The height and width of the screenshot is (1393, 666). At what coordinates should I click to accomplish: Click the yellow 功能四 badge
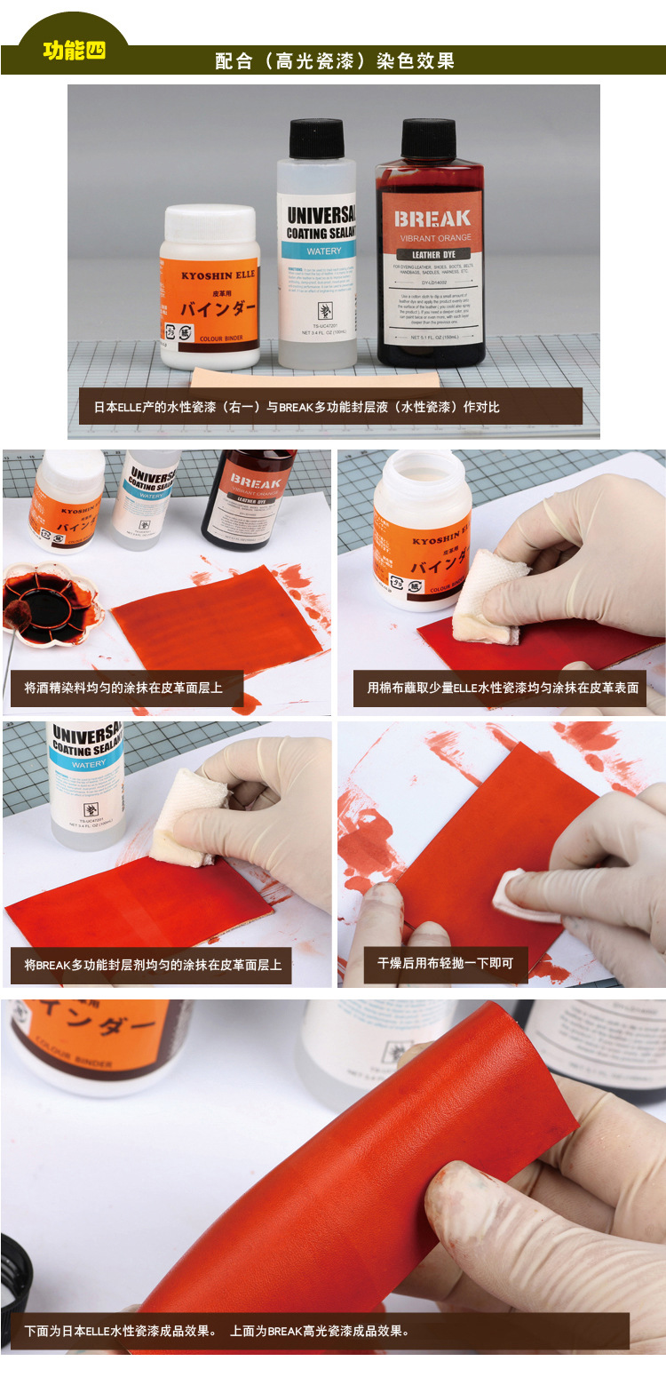(74, 51)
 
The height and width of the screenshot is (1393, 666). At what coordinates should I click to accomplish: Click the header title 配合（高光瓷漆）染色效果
(335, 60)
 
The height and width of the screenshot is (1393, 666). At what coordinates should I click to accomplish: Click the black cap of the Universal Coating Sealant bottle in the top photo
(316, 139)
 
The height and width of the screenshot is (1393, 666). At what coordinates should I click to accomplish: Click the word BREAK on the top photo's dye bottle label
(432, 219)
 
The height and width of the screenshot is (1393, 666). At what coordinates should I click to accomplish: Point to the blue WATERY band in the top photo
(317, 251)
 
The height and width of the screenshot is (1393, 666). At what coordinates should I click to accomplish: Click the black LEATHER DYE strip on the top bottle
(432, 255)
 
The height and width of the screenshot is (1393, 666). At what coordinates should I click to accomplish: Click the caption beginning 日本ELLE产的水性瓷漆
(297, 407)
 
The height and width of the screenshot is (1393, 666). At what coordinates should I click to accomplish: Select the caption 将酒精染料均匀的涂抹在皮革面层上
(123, 688)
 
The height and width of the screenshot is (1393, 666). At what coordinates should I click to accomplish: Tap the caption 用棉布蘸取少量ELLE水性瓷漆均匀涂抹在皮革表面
(503, 688)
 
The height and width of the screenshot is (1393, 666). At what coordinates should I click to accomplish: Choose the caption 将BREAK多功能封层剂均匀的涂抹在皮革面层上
(153, 964)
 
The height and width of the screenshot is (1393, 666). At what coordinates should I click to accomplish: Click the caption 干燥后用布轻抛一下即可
(445, 963)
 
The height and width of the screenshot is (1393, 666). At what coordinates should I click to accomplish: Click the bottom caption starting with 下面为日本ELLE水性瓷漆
(218, 1331)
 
